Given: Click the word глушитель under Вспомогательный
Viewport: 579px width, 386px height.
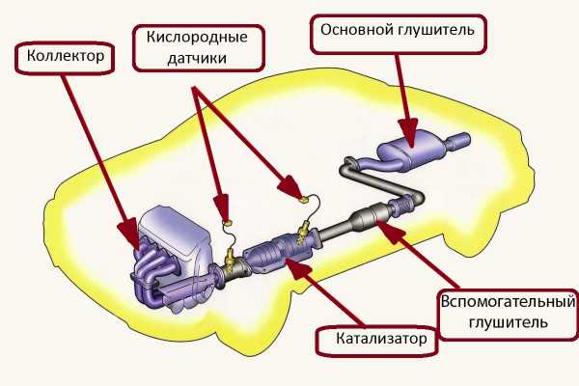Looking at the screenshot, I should [508, 322].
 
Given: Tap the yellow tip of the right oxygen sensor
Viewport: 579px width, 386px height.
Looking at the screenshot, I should [303, 197].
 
